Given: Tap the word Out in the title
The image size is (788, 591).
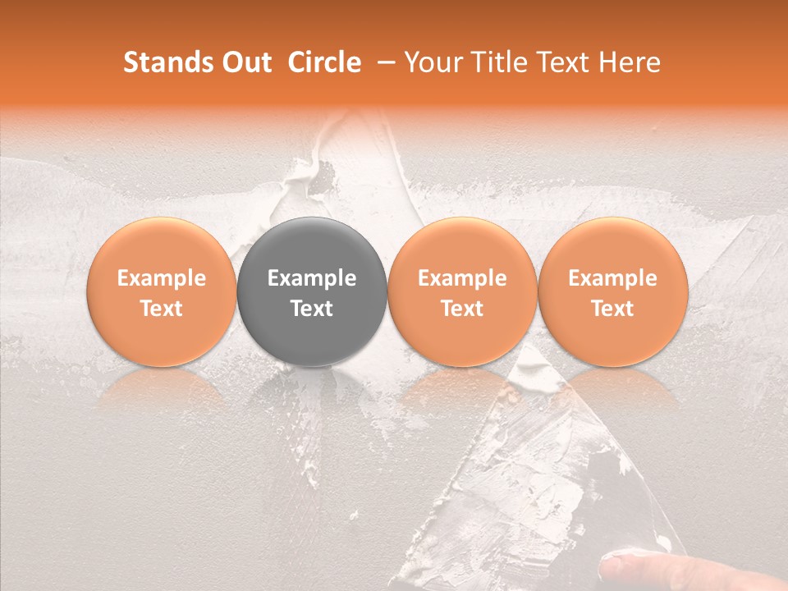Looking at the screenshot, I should tap(244, 62).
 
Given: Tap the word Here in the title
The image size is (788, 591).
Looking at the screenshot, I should tap(631, 62).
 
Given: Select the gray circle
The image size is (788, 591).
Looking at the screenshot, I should tap(312, 291).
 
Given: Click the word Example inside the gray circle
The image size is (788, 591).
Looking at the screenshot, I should tap(312, 278).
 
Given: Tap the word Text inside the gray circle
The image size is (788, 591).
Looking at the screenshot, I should tap(312, 309).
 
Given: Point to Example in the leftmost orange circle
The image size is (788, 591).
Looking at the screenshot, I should tap(162, 278).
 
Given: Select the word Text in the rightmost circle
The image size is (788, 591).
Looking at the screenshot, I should tap(612, 309).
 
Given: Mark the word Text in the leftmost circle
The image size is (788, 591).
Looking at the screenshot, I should tap(162, 309).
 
